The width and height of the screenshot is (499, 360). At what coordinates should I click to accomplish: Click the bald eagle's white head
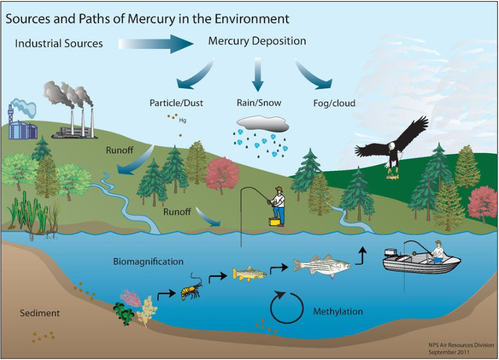tap(392, 147)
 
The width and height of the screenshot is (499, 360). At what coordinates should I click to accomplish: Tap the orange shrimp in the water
tap(191, 289)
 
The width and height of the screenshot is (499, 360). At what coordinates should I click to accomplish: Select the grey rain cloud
tap(263, 123)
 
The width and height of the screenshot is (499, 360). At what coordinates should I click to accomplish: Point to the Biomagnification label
tap(149, 262)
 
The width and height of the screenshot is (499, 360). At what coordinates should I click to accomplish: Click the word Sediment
tap(40, 313)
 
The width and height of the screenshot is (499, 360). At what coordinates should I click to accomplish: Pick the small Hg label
tap(183, 120)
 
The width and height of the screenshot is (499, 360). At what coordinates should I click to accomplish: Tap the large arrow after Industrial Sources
tap(156, 44)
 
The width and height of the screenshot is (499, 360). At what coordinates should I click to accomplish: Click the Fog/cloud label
tap(334, 103)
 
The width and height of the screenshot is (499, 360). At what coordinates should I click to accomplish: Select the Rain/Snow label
tap(259, 102)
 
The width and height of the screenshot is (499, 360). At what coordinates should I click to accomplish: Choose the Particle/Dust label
tap(176, 103)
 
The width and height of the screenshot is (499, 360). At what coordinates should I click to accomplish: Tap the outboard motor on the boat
tap(390, 253)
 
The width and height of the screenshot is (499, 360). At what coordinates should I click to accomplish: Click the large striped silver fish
tap(322, 266)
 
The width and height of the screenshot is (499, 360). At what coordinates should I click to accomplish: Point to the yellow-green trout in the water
tap(250, 274)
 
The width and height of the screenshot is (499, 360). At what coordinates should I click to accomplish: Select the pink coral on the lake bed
tap(131, 298)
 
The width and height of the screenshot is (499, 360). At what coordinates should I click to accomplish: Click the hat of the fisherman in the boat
tap(439, 242)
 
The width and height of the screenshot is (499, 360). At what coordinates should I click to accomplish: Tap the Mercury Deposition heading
tap(257, 41)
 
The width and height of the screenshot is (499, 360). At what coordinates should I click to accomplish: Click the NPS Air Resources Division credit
tap(461, 345)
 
